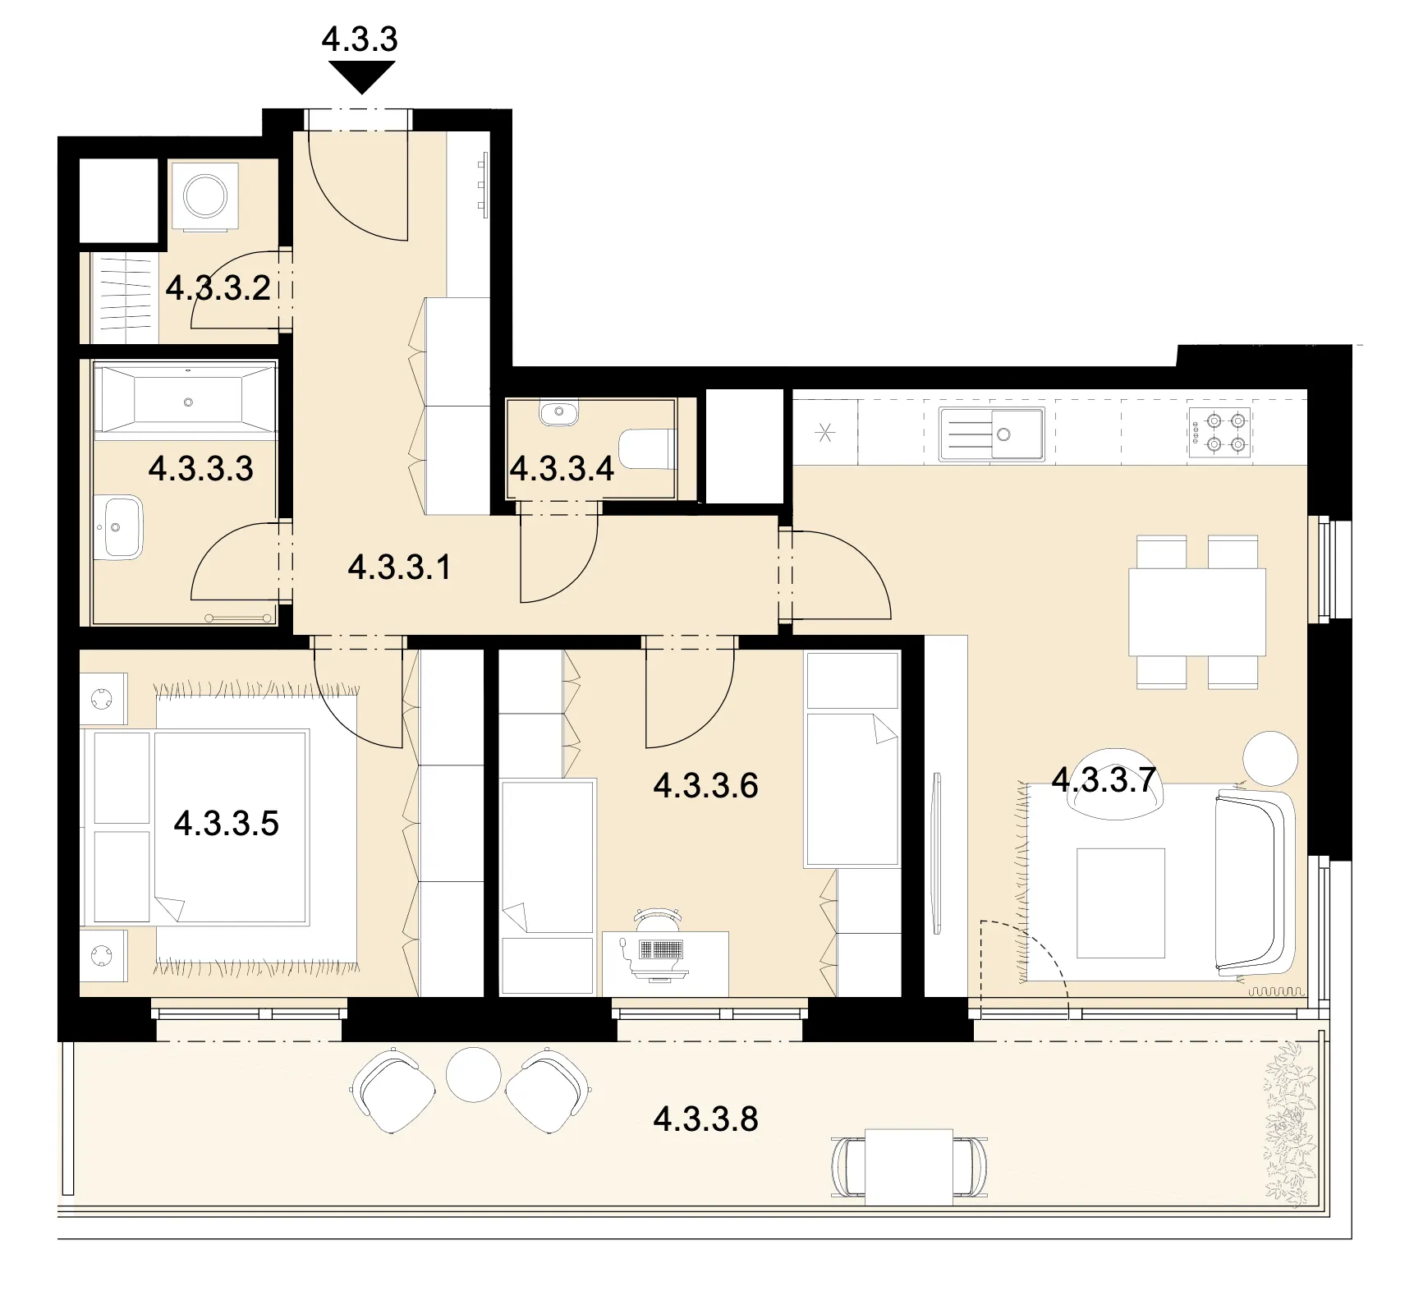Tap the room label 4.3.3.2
218,288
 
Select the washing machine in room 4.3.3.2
204,196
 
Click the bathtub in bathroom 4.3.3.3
186,402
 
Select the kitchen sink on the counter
992,433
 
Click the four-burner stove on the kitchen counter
1219,433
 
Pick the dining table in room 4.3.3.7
1197,612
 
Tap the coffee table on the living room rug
1121,903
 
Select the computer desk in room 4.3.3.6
666,963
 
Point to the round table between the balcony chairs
473,1074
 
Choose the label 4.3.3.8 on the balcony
706,1119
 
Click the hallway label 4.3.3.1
400,567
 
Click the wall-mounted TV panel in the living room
936,853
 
